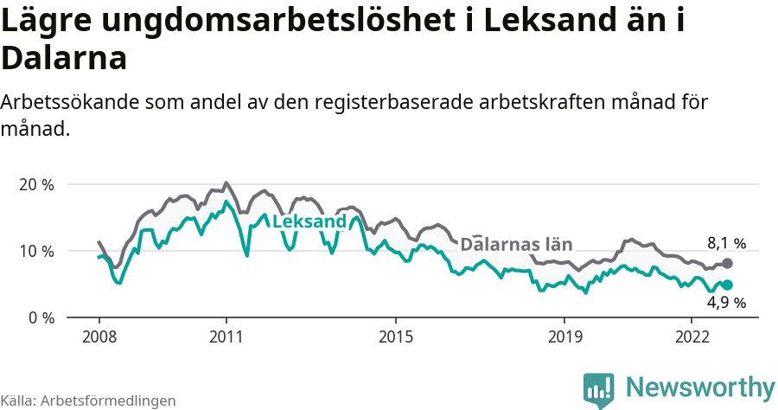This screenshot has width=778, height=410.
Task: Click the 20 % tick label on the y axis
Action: [x=35, y=184]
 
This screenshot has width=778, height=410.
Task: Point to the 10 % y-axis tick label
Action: [x=35, y=251]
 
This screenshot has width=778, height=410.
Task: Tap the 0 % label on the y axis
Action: [x=41, y=317]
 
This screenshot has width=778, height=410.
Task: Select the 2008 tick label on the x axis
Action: [x=99, y=336]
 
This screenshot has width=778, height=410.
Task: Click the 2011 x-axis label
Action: [x=226, y=336]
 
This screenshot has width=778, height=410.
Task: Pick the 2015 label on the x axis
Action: [x=395, y=336]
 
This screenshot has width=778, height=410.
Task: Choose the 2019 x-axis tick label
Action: [x=564, y=336]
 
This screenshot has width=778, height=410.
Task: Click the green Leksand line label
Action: [x=309, y=222]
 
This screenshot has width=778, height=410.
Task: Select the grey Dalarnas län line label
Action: [x=516, y=245]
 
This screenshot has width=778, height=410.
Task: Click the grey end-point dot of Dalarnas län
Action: [x=727, y=263]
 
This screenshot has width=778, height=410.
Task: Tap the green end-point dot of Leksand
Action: [x=727, y=285]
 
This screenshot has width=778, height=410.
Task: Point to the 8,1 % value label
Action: [x=726, y=244]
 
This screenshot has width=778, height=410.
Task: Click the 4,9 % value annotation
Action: [x=726, y=303]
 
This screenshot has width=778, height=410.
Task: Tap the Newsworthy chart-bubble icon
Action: [x=598, y=389]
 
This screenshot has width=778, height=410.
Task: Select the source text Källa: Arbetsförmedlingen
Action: [x=88, y=400]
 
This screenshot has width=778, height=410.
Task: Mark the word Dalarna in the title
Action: [x=64, y=58]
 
